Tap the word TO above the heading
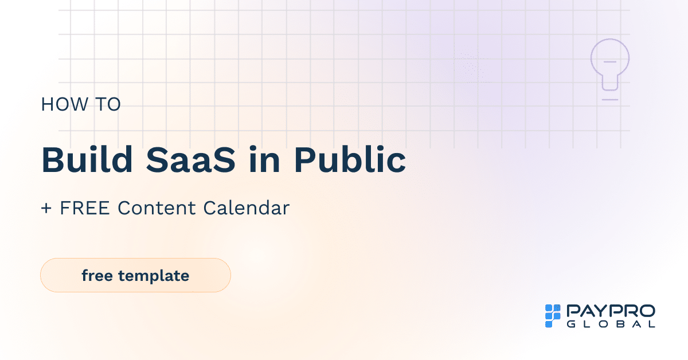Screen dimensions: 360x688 pyautogui.click(x=107, y=104)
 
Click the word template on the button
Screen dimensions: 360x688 pyautogui.click(x=154, y=276)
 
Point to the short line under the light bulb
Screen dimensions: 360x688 pyautogui.click(x=610, y=100)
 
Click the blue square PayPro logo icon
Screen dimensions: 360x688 pyautogui.click(x=552, y=316)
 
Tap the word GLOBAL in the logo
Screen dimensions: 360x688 pyautogui.click(x=611, y=324)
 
